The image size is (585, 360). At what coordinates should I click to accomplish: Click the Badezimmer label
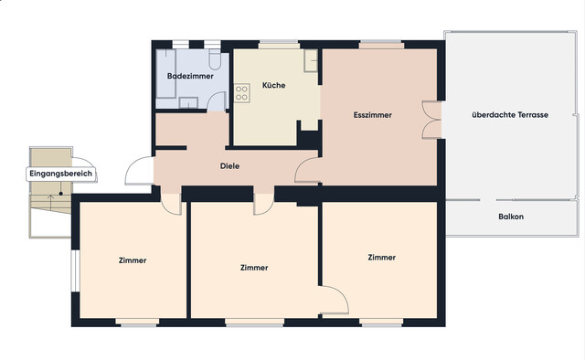tap(190, 76)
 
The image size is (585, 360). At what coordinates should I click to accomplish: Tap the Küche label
tap(274, 85)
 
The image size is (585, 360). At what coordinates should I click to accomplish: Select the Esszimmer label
tap(373, 115)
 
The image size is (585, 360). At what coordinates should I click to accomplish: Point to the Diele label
tap(229, 166)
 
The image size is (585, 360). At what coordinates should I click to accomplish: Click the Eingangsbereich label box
tap(61, 174)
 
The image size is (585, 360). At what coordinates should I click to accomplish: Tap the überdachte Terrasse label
tap(510, 115)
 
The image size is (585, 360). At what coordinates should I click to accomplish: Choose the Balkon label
tap(511, 217)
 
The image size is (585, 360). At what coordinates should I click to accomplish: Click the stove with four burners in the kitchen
tap(241, 93)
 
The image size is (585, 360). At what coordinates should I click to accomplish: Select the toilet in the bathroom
tap(215, 59)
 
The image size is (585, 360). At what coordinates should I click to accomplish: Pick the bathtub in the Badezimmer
tap(166, 74)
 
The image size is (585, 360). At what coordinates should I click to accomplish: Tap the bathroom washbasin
tap(188, 102)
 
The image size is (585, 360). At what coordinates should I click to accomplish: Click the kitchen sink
tap(311, 60)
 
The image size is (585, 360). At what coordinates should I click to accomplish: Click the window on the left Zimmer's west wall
tap(75, 270)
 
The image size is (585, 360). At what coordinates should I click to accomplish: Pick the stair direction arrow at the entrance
tap(51, 201)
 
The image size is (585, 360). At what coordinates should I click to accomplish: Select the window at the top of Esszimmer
tap(381, 45)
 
